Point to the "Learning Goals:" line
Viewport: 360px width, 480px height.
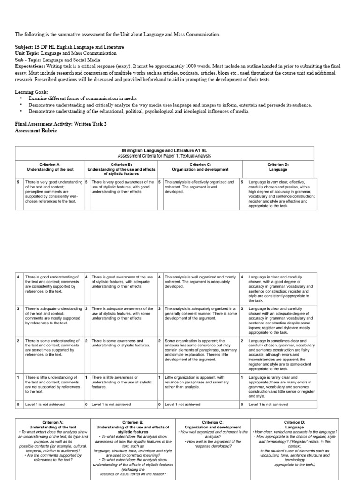(x=31, y=92)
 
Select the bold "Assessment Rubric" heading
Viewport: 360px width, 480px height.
(x=36, y=131)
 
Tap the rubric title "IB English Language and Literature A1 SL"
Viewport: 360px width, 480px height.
(x=164, y=150)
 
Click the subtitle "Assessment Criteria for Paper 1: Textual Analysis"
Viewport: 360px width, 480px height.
(x=164, y=156)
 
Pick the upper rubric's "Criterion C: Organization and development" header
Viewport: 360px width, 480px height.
(x=200, y=167)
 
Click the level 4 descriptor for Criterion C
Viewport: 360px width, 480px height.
(x=200, y=281)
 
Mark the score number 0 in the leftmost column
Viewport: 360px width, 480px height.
(x=18, y=404)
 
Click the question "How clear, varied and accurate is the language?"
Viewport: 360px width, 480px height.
(x=295, y=432)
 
